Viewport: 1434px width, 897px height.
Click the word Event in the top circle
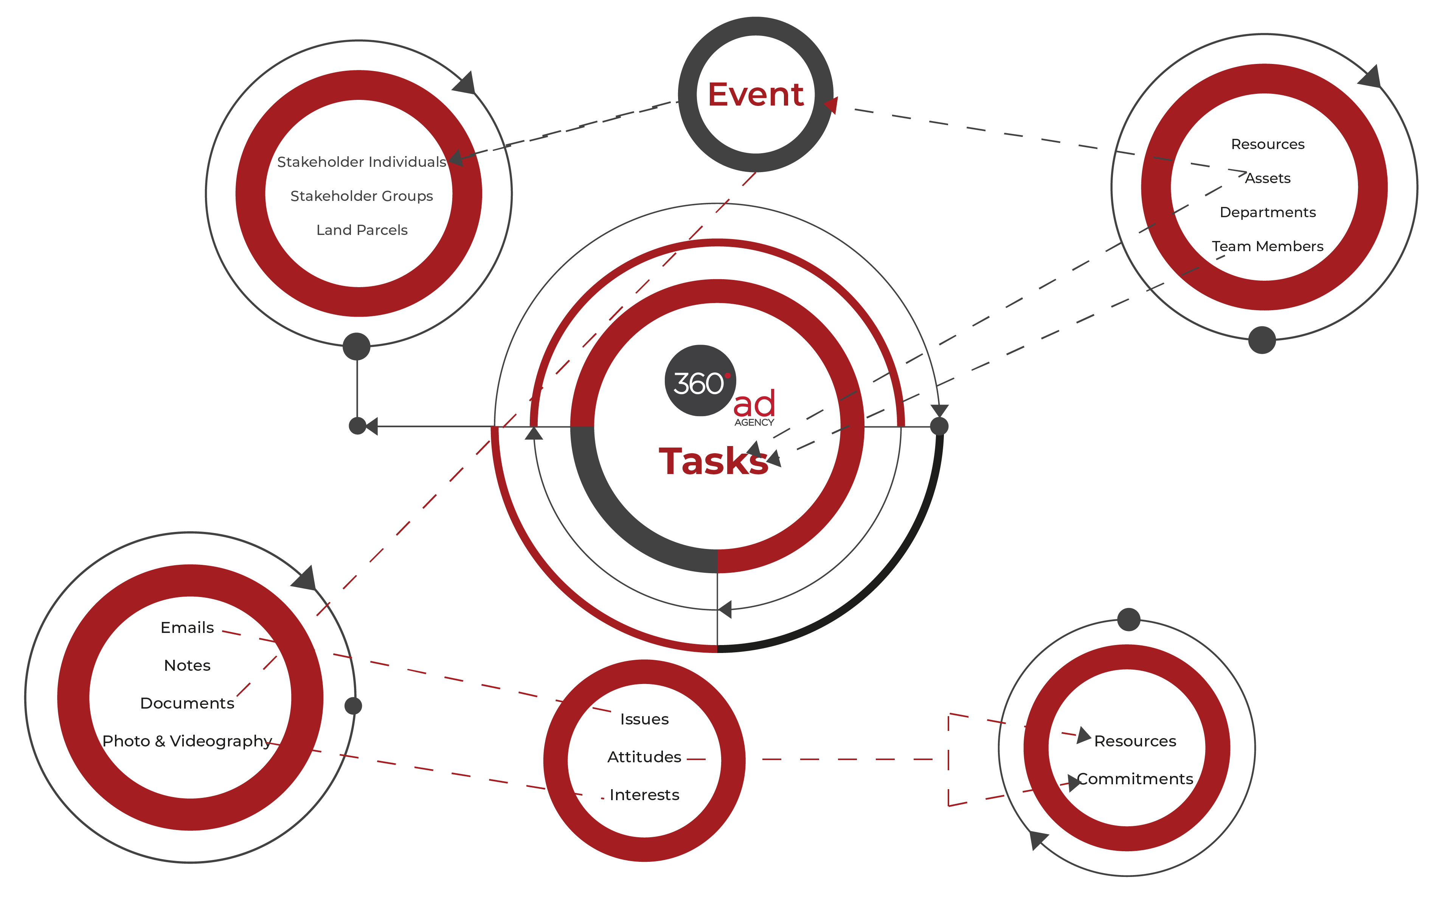756,95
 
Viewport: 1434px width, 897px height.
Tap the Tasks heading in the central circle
714,462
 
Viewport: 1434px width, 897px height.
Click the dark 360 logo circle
700,380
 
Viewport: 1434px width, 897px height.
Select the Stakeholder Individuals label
362,162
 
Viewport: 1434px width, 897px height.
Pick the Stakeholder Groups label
362,196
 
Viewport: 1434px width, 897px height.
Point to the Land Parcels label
362,230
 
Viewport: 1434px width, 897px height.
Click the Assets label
1267,179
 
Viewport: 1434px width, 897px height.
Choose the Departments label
1267,212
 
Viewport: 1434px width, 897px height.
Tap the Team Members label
1267,246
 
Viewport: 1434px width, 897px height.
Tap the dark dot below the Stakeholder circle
357,347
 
